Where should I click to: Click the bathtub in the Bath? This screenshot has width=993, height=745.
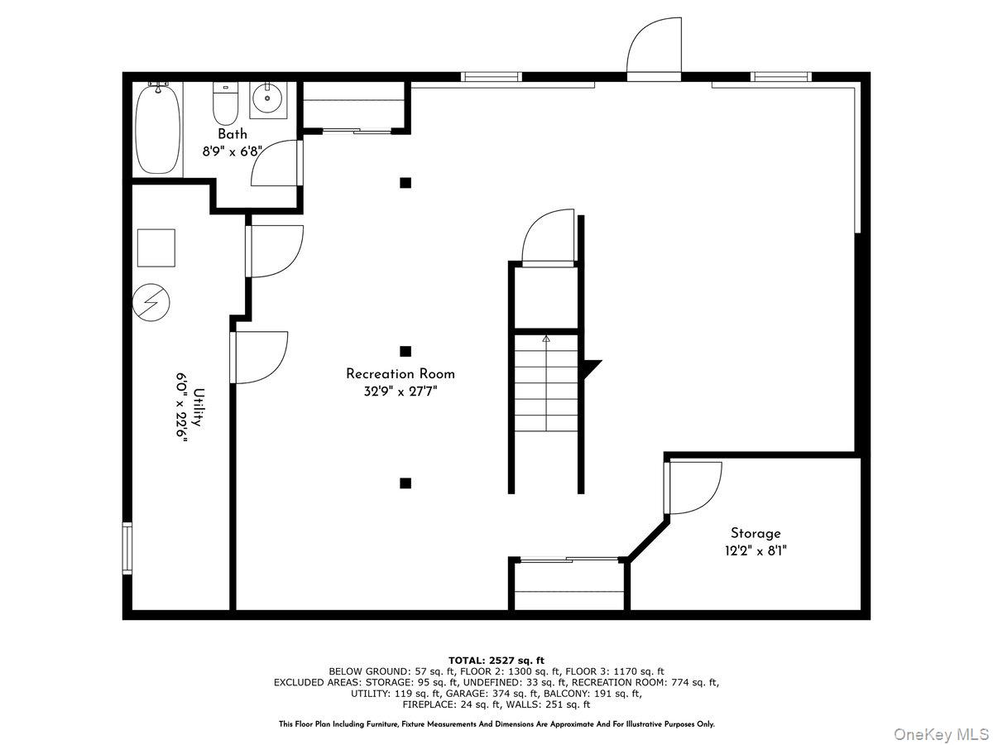tap(158, 130)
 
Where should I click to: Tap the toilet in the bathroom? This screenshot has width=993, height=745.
tap(225, 103)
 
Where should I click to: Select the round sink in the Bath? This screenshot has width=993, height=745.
tap(268, 98)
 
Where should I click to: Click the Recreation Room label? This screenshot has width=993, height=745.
tap(400, 373)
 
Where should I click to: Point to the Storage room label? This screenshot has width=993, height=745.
tap(756, 533)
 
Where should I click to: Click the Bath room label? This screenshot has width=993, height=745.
tap(233, 134)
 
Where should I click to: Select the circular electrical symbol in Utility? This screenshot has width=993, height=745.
tap(151, 302)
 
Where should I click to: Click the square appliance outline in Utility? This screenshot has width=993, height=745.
tap(156, 248)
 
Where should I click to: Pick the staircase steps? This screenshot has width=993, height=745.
tap(546, 382)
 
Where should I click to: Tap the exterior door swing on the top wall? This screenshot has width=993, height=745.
tap(655, 50)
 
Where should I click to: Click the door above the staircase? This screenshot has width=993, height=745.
tap(549, 237)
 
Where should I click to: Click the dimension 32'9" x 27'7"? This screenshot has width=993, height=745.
tap(401, 392)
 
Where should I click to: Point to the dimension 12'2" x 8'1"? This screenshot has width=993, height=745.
tap(756, 550)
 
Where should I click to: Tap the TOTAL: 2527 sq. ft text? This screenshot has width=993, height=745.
tap(496, 661)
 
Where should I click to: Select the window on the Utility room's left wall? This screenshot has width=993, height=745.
tap(127, 548)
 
